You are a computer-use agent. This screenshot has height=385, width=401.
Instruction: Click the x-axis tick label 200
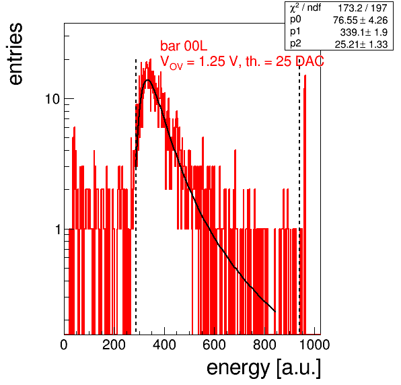click(x=114, y=345)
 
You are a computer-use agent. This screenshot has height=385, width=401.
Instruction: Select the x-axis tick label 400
click(x=164, y=345)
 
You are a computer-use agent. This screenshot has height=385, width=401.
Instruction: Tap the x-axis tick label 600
click(x=215, y=345)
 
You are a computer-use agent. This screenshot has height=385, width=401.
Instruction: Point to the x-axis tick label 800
click(x=264, y=345)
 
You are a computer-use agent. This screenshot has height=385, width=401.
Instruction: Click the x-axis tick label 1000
click(x=314, y=345)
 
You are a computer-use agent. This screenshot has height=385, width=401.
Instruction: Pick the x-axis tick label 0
click(x=64, y=345)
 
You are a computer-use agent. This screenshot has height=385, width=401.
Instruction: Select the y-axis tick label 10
click(x=52, y=99)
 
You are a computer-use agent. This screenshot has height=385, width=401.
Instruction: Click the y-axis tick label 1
click(x=58, y=230)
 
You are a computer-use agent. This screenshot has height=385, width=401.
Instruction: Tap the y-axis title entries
click(x=15, y=54)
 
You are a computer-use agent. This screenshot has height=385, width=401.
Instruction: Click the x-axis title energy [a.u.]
click(x=264, y=368)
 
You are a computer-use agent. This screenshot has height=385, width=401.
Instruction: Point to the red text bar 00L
click(x=184, y=46)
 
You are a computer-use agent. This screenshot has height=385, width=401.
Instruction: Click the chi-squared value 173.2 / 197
click(x=363, y=8)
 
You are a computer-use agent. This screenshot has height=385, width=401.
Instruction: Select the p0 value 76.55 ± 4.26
click(x=361, y=20)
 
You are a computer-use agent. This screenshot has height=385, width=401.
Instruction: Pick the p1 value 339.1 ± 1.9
click(x=364, y=32)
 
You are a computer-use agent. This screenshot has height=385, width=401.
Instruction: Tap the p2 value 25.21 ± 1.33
click(x=361, y=44)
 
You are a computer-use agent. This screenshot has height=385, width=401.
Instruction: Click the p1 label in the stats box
click(x=295, y=32)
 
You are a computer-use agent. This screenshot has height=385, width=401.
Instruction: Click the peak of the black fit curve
click(x=147, y=80)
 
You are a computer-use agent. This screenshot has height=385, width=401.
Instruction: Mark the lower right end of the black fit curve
click(x=275, y=312)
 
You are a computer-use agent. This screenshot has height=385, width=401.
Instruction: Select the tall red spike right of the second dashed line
click(x=305, y=205)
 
